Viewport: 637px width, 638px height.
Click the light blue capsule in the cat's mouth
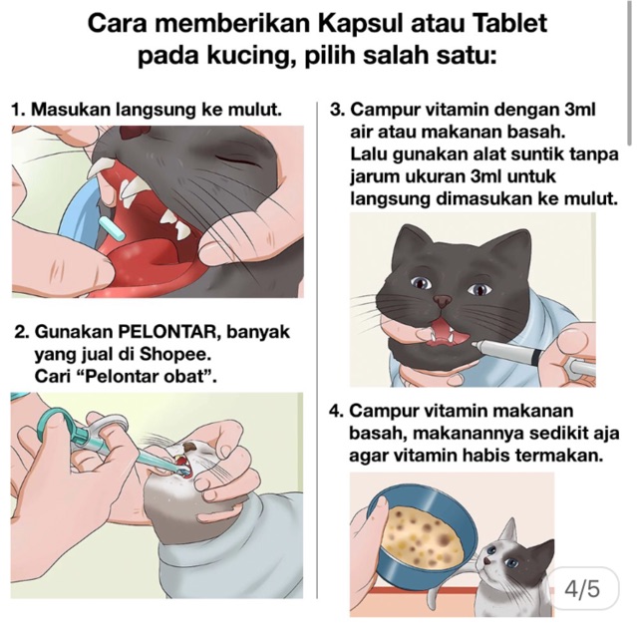tap(109, 230)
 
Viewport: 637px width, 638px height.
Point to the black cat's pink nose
tap(443, 301)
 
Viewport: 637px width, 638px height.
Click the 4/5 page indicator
tap(582, 589)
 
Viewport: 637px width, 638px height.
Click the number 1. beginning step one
tap(19, 110)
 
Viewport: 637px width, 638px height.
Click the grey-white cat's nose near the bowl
tap(487, 562)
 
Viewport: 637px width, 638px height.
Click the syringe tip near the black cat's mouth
tap(475, 344)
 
